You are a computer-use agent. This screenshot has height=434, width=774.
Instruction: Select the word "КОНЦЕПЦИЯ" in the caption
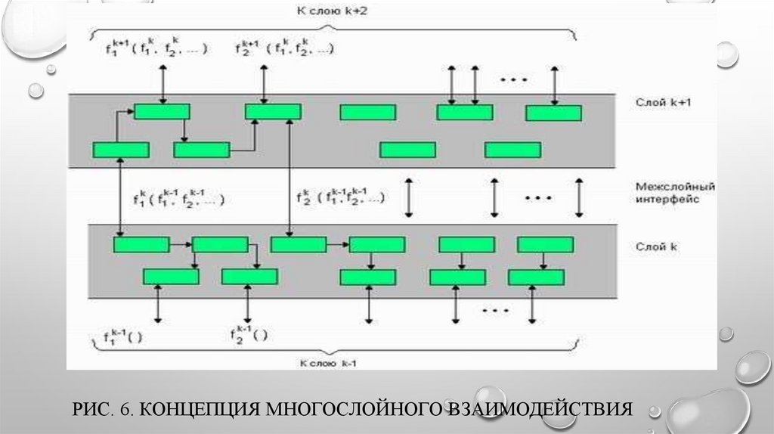(198, 410)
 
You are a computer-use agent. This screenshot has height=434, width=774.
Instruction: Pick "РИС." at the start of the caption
(89, 410)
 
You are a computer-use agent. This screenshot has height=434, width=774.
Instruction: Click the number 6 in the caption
(129, 410)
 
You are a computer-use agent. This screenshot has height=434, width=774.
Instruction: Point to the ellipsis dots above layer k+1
(514, 79)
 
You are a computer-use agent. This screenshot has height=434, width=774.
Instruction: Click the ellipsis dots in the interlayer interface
(538, 197)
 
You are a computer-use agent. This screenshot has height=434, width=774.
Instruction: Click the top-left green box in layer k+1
(162, 112)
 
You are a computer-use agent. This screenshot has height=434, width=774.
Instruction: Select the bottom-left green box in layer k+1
(121, 150)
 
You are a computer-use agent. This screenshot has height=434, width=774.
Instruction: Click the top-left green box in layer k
(141, 244)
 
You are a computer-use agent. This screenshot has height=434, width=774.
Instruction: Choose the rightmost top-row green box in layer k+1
(553, 113)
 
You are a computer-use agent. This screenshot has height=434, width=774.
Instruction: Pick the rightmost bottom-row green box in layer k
(536, 277)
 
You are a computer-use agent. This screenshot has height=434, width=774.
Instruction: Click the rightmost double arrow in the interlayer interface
(579, 197)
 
